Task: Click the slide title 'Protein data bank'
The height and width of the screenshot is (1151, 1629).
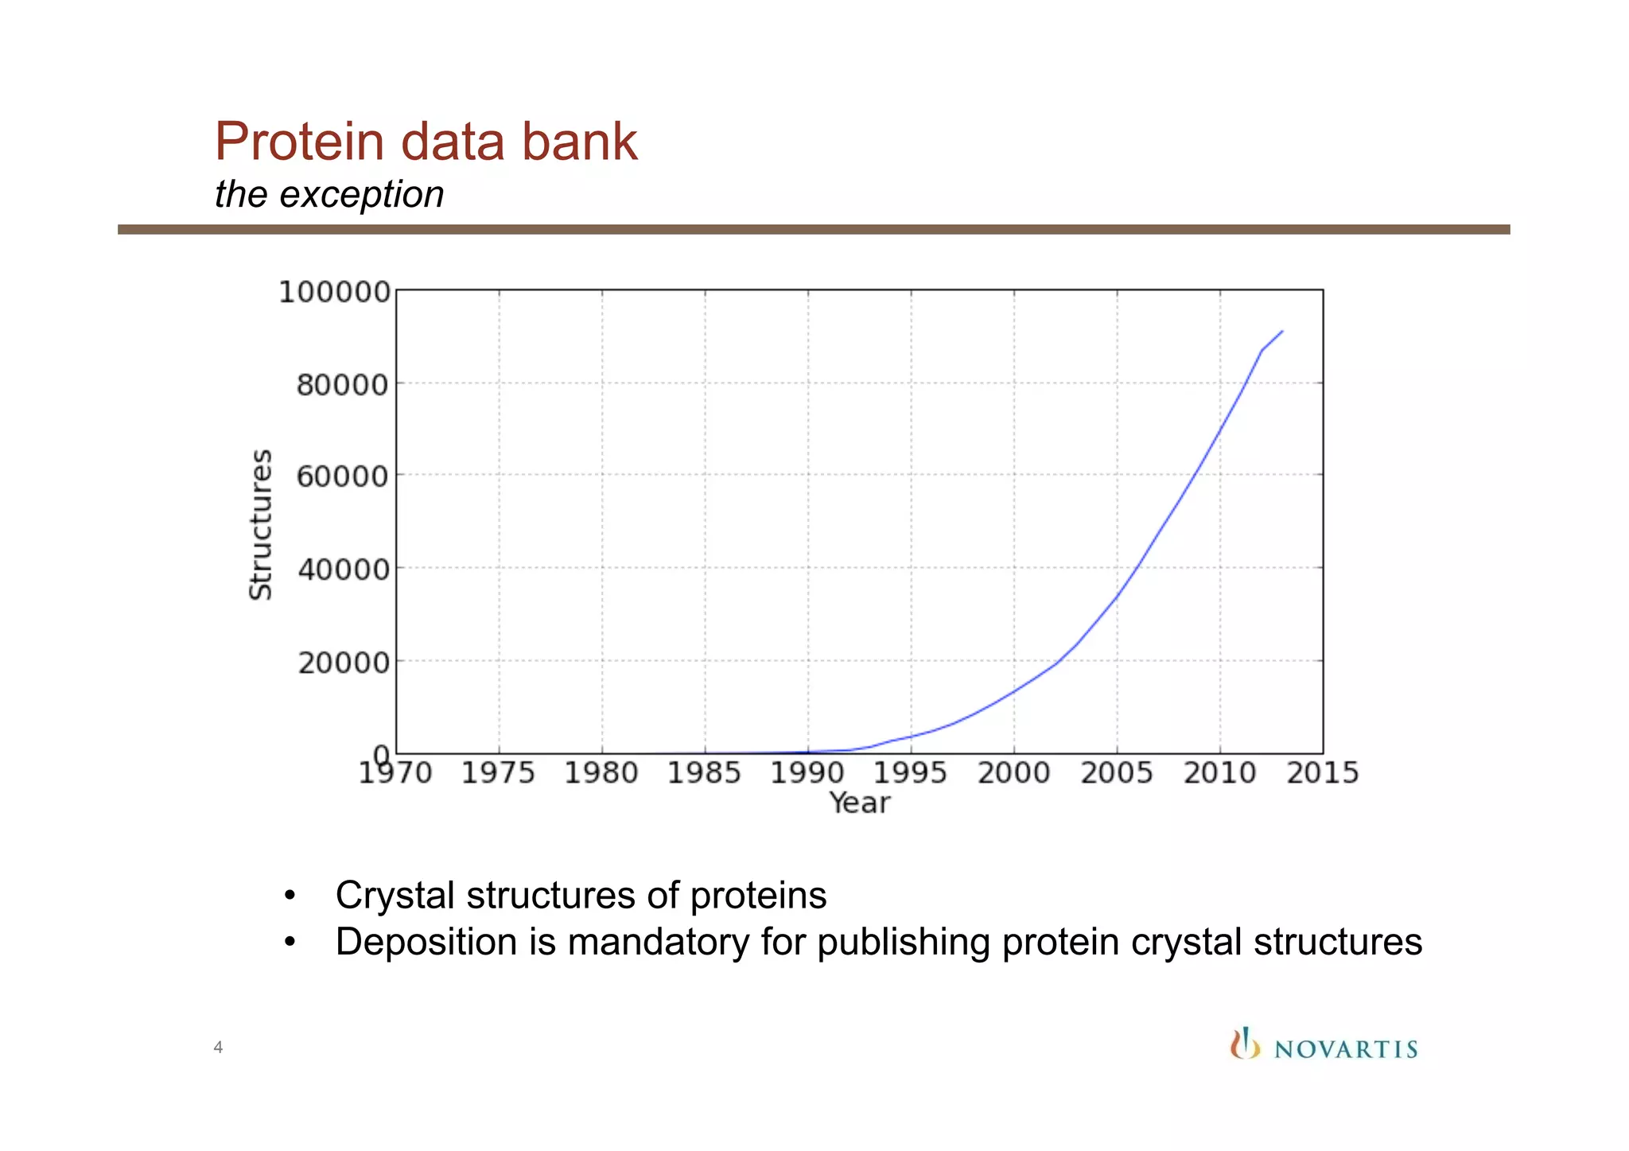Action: coord(426,142)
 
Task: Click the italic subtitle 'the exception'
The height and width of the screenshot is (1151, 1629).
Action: coord(329,195)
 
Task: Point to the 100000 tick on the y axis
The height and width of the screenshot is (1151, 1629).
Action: coord(335,293)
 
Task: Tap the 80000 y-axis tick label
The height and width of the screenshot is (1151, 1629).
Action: coord(343,386)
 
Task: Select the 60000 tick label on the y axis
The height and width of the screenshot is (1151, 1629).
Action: coord(343,477)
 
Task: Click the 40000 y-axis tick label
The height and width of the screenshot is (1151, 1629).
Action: coord(343,570)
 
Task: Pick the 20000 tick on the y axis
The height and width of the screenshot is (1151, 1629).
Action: coord(343,663)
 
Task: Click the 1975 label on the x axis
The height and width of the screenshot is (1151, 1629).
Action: coord(498,773)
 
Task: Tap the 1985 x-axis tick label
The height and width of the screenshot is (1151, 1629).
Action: coord(704,773)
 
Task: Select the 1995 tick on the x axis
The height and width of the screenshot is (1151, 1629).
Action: coord(910,773)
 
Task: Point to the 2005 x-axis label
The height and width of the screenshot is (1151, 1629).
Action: coord(1116,773)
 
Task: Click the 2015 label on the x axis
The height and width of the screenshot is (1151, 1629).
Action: coord(1323,773)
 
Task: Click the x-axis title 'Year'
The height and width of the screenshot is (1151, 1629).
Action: coord(859,803)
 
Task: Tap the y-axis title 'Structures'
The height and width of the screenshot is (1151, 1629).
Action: coord(261,524)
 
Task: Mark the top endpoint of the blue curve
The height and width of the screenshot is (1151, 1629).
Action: coord(1282,331)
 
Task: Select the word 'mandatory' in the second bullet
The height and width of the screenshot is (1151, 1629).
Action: coord(658,943)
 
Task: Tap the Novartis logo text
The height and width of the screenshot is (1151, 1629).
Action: coord(1346,1049)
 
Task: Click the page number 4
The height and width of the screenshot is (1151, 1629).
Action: coord(218,1048)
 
